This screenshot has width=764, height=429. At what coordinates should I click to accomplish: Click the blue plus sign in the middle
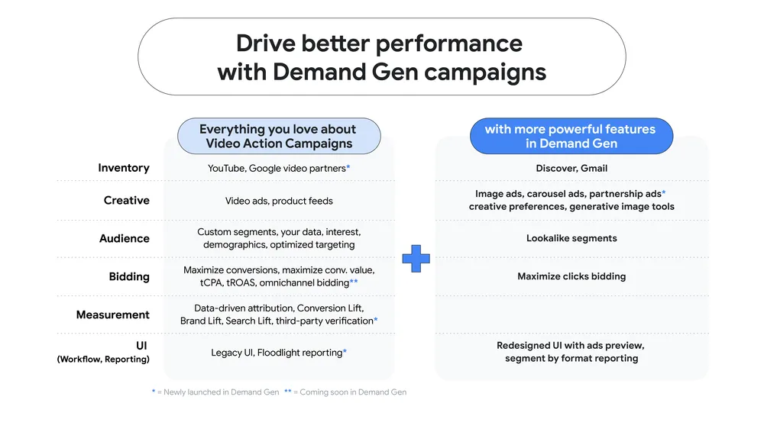416,259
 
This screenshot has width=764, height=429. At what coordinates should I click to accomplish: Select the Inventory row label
124,168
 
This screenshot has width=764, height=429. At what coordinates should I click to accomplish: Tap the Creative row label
127,201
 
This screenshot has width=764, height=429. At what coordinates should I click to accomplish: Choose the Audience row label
125,238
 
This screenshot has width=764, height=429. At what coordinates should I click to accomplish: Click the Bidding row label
129,276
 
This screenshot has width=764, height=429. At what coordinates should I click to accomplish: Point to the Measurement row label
113,314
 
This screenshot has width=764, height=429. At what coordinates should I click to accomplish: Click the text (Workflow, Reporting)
103,360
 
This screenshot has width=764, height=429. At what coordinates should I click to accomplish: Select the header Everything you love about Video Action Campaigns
279,137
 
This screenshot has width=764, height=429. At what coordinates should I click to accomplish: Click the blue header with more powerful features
570,137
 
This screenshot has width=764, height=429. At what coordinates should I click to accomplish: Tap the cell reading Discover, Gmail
571,168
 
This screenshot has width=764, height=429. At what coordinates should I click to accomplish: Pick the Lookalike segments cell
571,238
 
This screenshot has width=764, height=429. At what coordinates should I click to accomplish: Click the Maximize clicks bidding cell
571,276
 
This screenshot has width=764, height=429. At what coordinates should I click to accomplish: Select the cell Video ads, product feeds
279,201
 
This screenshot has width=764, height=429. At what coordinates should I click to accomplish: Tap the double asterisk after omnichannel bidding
354,282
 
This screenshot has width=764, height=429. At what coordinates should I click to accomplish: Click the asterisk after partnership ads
664,193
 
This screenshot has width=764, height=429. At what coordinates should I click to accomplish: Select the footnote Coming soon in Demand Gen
353,392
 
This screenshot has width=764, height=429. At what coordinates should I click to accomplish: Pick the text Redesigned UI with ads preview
571,346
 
